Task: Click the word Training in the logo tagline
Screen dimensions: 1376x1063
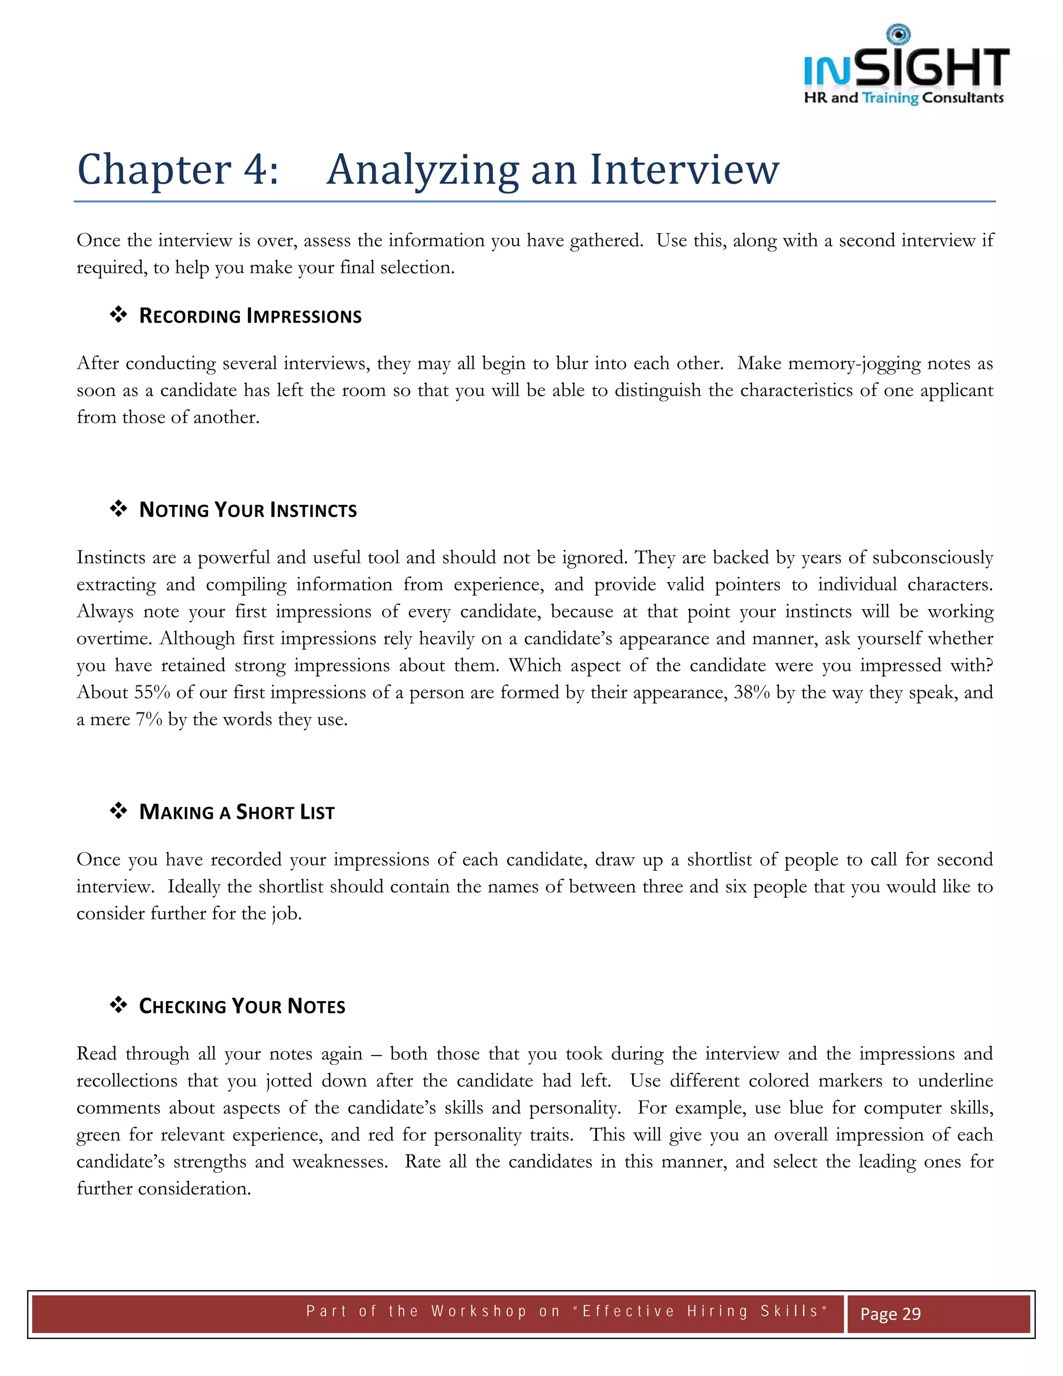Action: coord(890,98)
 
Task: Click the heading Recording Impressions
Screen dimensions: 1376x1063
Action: coord(250,316)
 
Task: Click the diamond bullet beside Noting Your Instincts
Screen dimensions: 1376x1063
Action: coord(118,508)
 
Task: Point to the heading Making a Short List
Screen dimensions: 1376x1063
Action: coord(236,812)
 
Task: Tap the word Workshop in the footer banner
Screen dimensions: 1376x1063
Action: coord(479,1311)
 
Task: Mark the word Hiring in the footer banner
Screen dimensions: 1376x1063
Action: coord(717,1311)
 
